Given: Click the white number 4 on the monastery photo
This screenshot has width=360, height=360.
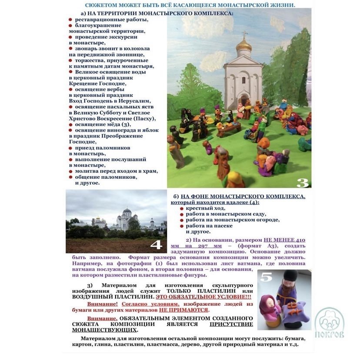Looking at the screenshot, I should pyautogui.click(x=156, y=245).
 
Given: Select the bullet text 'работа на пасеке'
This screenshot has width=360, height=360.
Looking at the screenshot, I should pyautogui.click(x=209, y=226).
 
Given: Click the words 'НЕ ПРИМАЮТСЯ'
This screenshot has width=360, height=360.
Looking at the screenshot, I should pyautogui.click(x=183, y=310).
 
